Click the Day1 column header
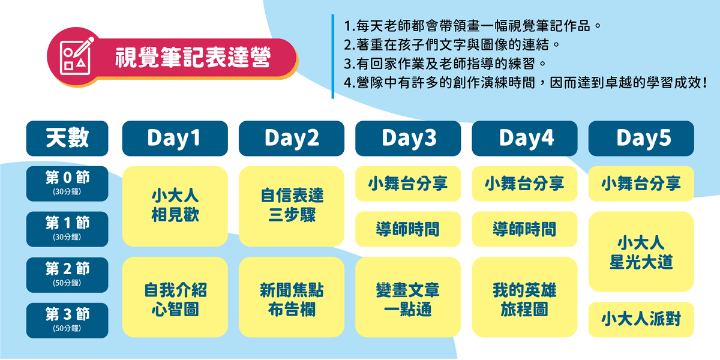click(175, 138)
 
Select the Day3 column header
click(408, 138)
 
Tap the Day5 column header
click(641, 138)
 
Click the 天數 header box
click(67, 138)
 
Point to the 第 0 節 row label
click(67, 184)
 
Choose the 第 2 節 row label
click(67, 275)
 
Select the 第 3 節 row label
click(67, 320)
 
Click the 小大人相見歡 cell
click(175, 206)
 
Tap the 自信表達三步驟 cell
click(292, 206)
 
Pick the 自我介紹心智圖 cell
click(175, 297)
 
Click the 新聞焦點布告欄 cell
click(292, 297)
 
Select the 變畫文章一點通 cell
click(408, 297)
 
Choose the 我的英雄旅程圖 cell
click(524, 297)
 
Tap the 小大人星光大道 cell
click(641, 251)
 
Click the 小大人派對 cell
click(641, 319)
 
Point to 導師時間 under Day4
click(524, 229)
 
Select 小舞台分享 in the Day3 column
click(408, 184)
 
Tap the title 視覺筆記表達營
click(193, 58)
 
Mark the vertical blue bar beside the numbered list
click(332, 56)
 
